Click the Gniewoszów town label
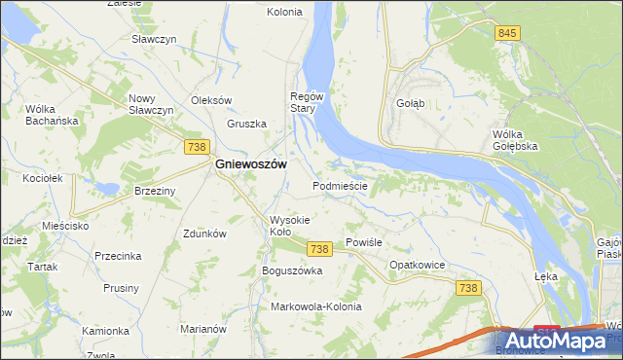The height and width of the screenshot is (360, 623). [x=250, y=165]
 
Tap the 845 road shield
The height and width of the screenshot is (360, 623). [x=506, y=33]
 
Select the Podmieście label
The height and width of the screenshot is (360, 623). [x=339, y=185]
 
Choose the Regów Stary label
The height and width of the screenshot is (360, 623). [x=307, y=102]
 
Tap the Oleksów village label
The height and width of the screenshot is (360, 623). [x=211, y=100]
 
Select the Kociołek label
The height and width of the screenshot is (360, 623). [x=43, y=178]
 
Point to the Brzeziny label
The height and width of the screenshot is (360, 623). [x=155, y=191]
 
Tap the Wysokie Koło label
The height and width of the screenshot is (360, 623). [x=289, y=226]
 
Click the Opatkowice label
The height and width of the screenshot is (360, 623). [x=418, y=265]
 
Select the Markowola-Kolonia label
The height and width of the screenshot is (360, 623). [x=316, y=306]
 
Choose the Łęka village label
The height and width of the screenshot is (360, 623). [x=546, y=276]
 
